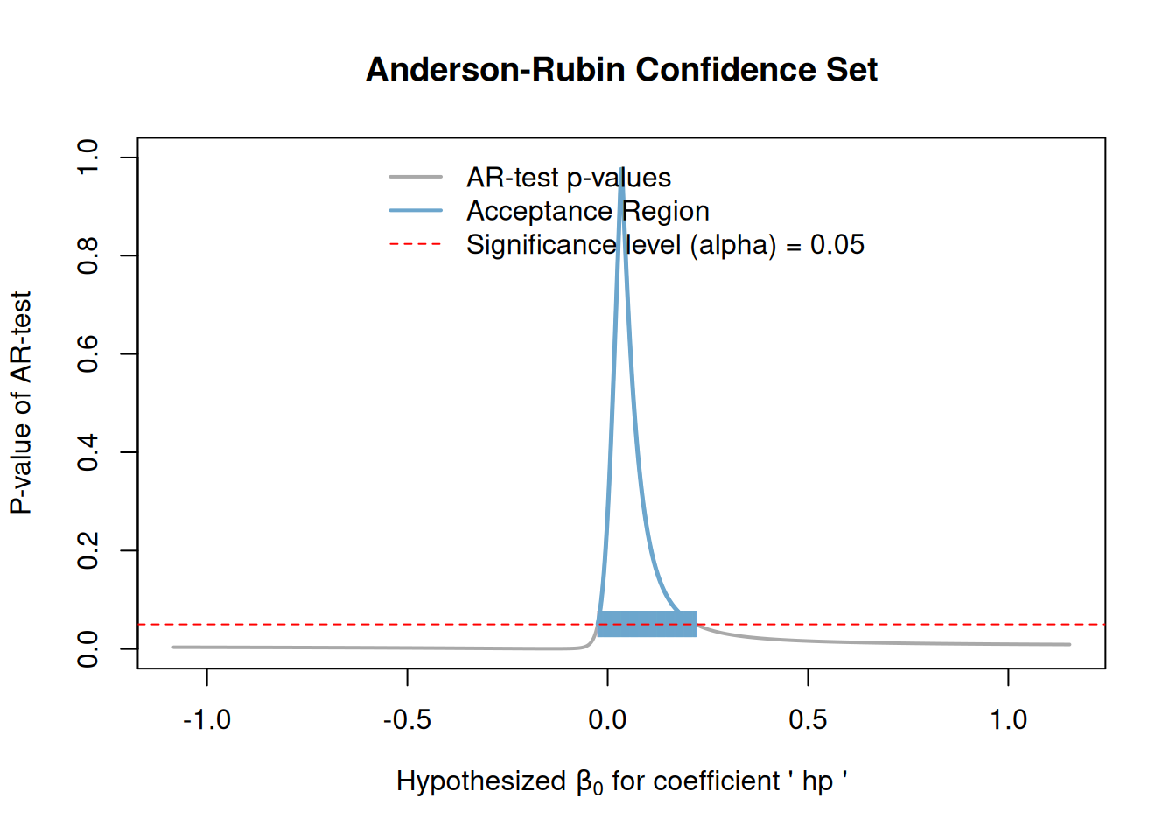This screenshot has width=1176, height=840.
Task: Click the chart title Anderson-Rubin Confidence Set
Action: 621,70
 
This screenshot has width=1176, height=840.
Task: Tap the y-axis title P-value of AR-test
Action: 21,402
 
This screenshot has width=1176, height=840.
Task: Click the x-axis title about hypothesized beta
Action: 621,780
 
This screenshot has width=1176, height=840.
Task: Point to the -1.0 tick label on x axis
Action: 206,720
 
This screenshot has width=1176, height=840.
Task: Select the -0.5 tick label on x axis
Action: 407,720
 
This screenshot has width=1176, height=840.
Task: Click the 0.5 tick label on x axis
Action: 808,720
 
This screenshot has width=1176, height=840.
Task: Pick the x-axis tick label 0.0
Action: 607,720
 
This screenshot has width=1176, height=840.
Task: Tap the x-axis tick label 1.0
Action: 1008,720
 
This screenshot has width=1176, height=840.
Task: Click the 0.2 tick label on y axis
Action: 88,550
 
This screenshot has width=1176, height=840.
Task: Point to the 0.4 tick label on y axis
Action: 88,452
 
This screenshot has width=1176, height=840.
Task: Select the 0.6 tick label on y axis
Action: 88,353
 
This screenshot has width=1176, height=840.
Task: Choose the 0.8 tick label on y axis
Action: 88,255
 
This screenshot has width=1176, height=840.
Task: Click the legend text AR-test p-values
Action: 569,178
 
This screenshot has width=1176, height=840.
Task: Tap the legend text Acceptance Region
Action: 587,211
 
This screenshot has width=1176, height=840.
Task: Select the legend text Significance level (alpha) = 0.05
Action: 665,245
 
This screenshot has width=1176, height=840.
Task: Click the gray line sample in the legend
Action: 416,178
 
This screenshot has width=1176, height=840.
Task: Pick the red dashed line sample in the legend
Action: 416,244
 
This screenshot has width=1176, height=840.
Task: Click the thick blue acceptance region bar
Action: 647,624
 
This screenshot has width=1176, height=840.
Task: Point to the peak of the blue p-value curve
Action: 621,168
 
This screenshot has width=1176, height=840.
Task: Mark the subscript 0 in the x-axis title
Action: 598,787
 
